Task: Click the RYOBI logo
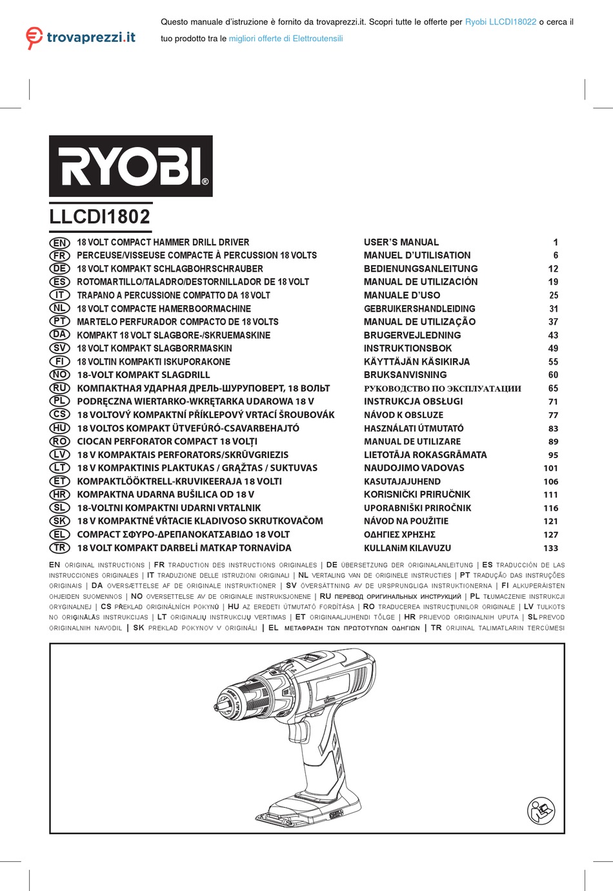[x=131, y=166]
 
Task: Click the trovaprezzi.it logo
[x=81, y=37]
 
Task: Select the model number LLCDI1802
[x=100, y=217]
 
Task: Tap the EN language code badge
[x=59, y=243]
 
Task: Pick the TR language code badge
[x=59, y=548]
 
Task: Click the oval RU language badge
[x=59, y=388]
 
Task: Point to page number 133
[x=550, y=548]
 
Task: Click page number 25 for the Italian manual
[x=553, y=295]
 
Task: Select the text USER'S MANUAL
[x=401, y=243]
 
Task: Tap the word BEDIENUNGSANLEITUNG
[x=421, y=269]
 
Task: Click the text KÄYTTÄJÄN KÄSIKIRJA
[x=417, y=362]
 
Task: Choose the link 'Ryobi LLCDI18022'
[x=501, y=22]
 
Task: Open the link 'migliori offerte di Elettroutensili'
[x=286, y=39]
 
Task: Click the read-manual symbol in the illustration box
[x=541, y=811]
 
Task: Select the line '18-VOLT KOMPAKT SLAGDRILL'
[x=143, y=375]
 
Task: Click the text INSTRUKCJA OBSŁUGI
[x=413, y=401]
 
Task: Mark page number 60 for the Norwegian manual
[x=553, y=375]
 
